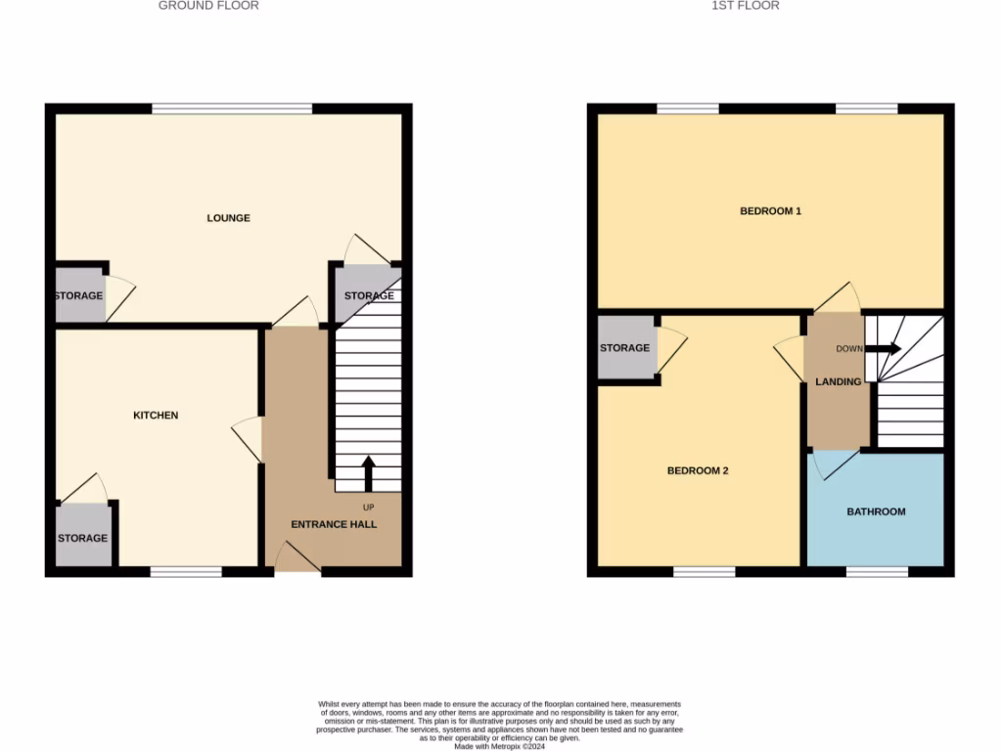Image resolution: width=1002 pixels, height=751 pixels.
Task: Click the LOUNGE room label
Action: (228, 218)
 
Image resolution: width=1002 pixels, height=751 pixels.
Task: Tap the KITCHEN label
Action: (156, 416)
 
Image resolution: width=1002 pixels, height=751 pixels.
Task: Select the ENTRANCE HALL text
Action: (334, 524)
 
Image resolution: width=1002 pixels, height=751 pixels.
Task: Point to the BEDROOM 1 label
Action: (770, 211)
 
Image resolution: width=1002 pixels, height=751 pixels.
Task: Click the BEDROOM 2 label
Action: (698, 470)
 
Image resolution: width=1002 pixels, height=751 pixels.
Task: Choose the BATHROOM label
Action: (876, 511)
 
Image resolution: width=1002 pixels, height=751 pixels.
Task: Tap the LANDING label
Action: (839, 381)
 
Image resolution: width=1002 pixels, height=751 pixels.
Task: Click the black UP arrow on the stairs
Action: (369, 472)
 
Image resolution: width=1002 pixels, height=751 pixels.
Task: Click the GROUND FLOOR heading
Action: (208, 6)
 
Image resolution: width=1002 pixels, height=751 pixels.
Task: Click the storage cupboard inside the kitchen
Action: (82, 536)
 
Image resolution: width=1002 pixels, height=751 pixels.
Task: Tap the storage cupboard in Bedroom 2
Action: (624, 347)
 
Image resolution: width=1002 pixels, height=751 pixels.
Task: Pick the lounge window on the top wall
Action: (231, 109)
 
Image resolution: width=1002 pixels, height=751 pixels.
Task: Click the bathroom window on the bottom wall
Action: (876, 571)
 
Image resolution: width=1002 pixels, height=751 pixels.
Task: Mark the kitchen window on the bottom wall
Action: (185, 571)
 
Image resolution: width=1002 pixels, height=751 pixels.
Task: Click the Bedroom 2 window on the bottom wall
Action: (704, 571)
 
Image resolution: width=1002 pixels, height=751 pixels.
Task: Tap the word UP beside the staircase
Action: (369, 508)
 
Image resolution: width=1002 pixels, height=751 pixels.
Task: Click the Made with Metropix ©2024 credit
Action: (500, 745)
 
